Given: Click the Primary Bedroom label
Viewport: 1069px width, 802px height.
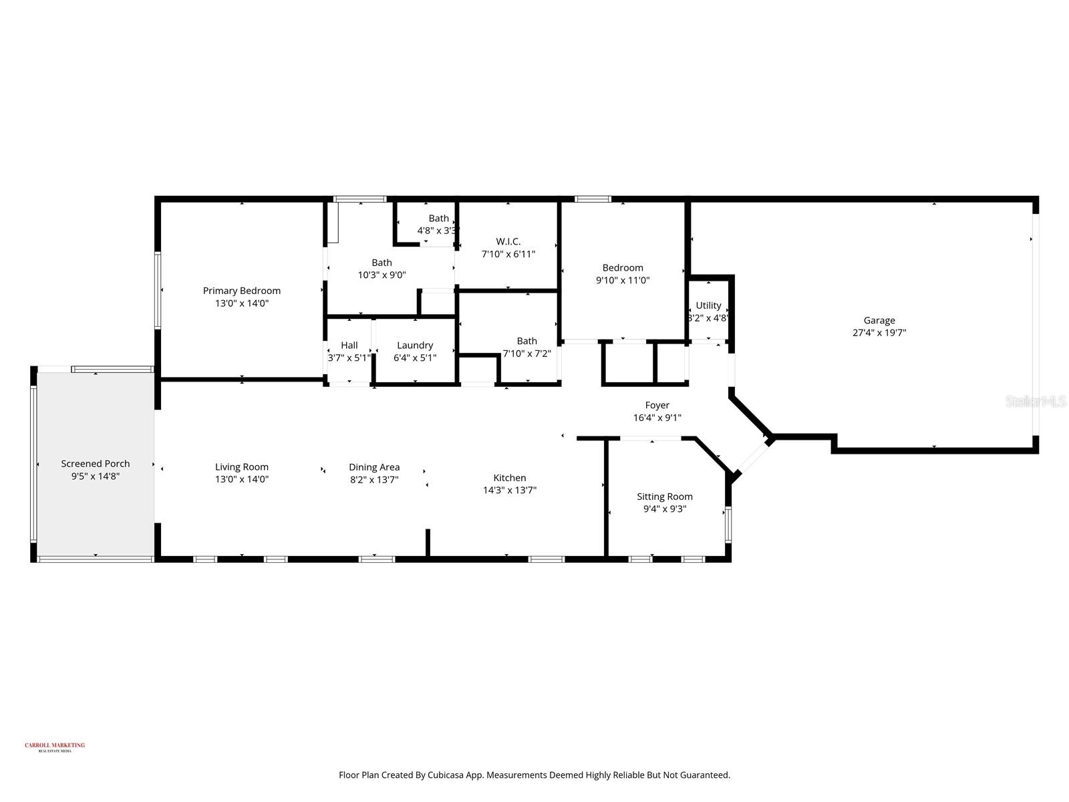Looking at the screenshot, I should pyautogui.click(x=241, y=291).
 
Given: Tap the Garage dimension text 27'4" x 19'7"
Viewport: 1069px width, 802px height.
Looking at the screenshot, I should pyautogui.click(x=879, y=333).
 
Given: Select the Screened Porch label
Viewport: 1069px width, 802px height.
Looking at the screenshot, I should pyautogui.click(x=96, y=464).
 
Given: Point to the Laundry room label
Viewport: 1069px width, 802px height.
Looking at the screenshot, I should pyautogui.click(x=415, y=346).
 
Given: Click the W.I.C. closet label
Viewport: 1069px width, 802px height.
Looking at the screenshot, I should pyautogui.click(x=508, y=242).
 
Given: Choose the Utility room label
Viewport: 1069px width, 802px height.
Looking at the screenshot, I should pyautogui.click(x=708, y=305).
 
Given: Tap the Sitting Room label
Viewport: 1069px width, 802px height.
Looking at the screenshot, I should pyautogui.click(x=664, y=497).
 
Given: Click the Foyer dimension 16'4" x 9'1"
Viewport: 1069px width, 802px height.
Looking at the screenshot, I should pyautogui.click(x=657, y=418).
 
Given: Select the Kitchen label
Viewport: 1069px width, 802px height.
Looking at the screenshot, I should pyautogui.click(x=509, y=478).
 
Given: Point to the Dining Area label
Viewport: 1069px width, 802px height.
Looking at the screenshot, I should pyautogui.click(x=374, y=467).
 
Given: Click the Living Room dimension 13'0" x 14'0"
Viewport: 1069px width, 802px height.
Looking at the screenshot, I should pyautogui.click(x=241, y=479).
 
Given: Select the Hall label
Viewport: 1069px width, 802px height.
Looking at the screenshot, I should pyautogui.click(x=349, y=346).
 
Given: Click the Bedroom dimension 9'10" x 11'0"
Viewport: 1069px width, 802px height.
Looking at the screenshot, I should pyautogui.click(x=623, y=281).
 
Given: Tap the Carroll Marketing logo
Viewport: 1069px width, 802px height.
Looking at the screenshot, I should pyautogui.click(x=55, y=747).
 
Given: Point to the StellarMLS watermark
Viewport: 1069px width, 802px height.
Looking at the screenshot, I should pyautogui.click(x=1035, y=402).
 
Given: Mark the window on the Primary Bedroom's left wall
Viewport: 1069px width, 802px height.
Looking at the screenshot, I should pyautogui.click(x=158, y=289).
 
